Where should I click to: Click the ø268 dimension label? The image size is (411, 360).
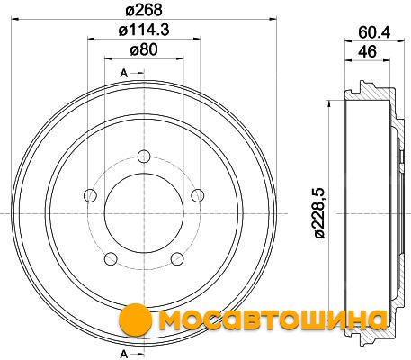point(144,10)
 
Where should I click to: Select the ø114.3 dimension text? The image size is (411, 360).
point(144,30)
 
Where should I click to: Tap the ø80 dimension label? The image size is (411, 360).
point(144,49)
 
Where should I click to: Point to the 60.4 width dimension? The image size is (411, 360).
point(374,32)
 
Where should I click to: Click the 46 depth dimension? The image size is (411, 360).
point(367,51)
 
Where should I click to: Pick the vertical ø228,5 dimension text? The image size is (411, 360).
point(319,213)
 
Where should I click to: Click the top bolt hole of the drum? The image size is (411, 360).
point(144,157)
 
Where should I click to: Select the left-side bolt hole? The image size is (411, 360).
point(90,195)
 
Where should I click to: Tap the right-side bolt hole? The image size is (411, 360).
point(198,195)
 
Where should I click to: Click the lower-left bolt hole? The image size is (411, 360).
point(111,259)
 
